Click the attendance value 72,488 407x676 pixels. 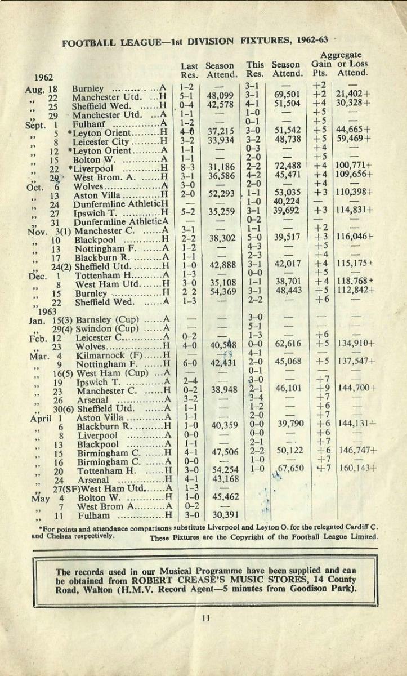point(286,168)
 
